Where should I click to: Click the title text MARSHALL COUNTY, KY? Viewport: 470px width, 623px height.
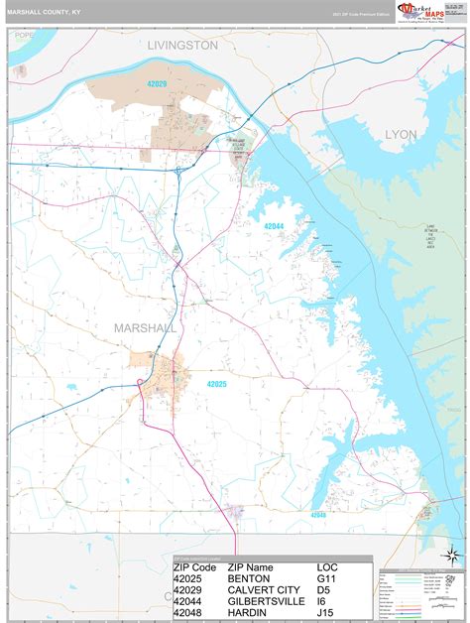(x=47, y=12)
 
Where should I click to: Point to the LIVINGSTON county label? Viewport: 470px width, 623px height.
(x=182, y=46)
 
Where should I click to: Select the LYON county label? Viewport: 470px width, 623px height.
(x=402, y=133)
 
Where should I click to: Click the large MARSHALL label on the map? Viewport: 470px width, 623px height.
(x=145, y=328)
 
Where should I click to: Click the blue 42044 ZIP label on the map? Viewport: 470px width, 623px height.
(x=274, y=226)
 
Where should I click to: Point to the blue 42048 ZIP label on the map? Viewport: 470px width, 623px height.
(x=317, y=515)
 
